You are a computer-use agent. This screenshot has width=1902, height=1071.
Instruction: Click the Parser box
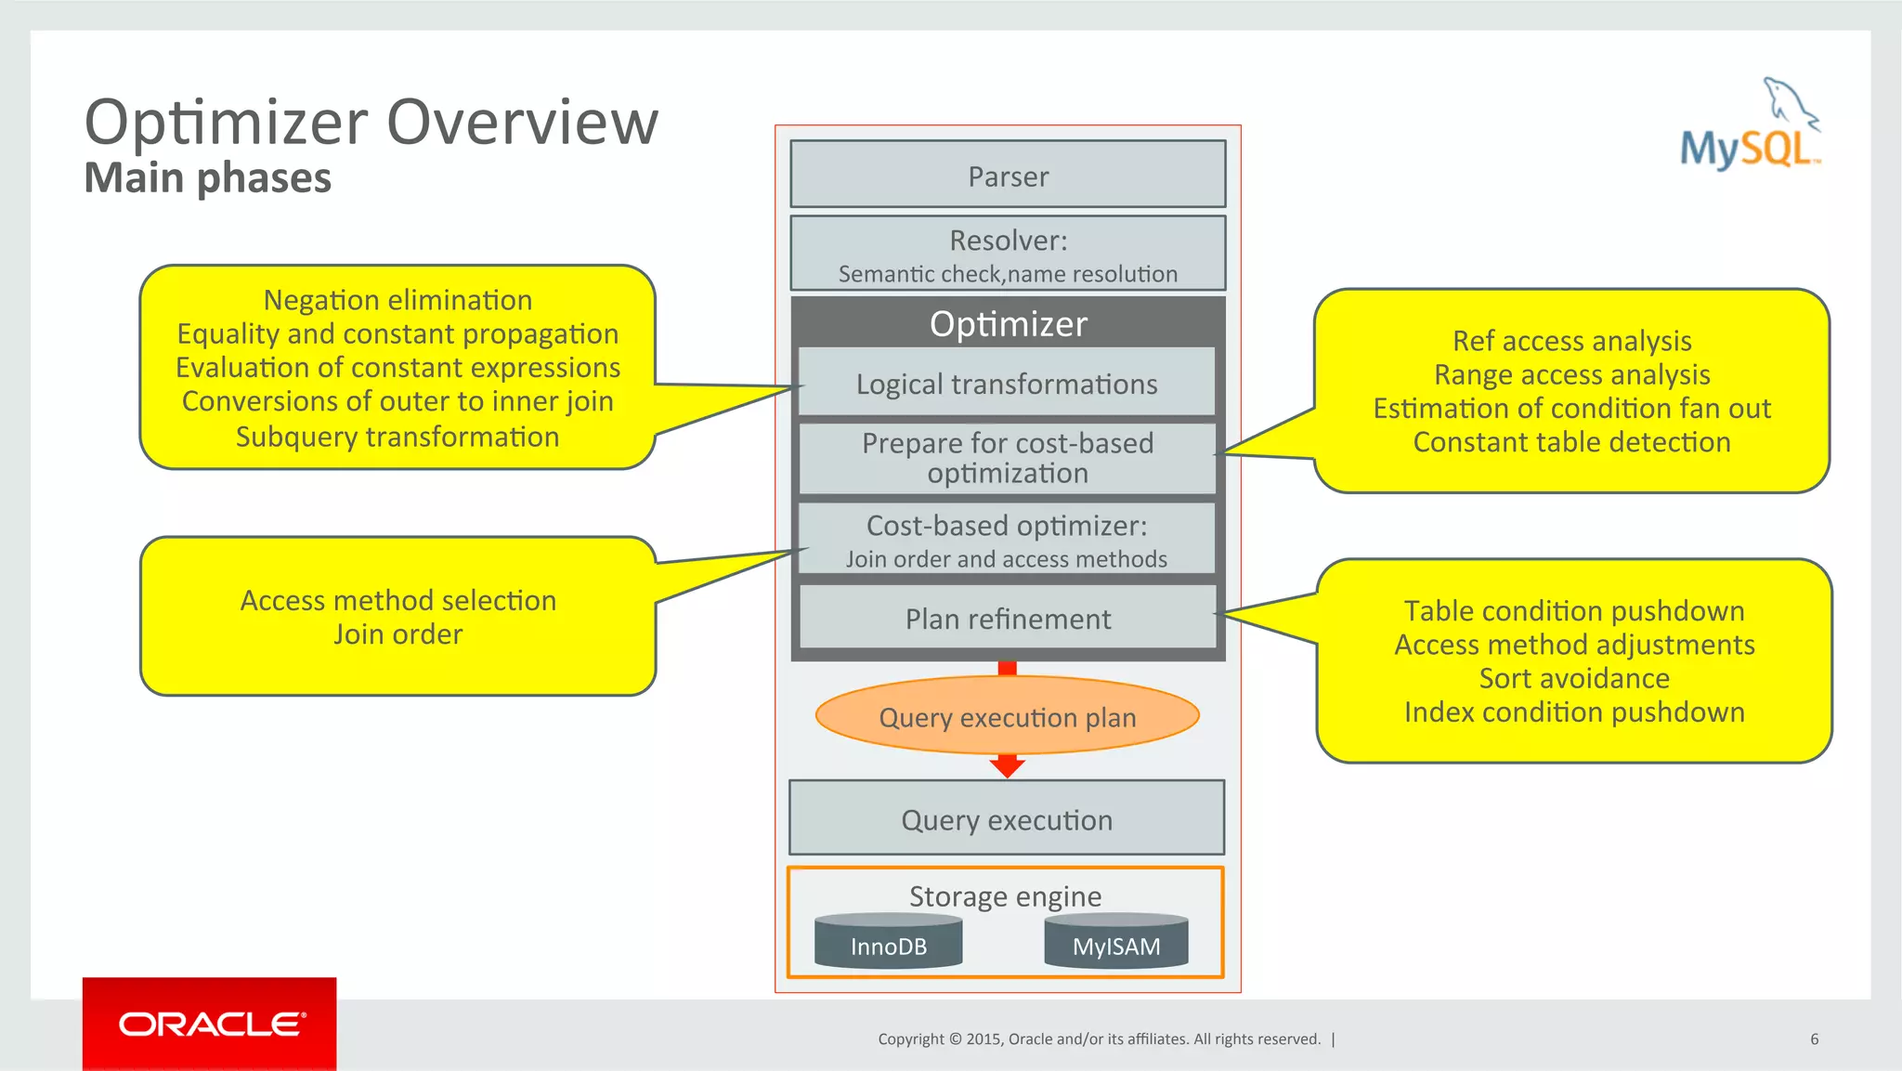pyautogui.click(x=1008, y=175)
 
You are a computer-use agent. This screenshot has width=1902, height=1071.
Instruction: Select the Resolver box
pyautogui.click(x=1008, y=254)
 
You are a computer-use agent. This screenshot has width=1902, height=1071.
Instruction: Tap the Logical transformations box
pyautogui.click(x=1008, y=383)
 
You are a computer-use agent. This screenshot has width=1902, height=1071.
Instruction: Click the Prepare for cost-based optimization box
pyautogui.click(x=1008, y=459)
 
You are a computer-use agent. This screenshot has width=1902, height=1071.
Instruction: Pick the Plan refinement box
pyautogui.click(x=1008, y=618)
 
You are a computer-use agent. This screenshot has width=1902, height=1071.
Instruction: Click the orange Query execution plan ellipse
pyautogui.click(x=1008, y=716)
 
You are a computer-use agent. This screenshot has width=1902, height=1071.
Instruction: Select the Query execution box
pyautogui.click(x=1007, y=818)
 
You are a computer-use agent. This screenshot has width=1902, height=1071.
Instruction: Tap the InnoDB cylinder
pyautogui.click(x=889, y=943)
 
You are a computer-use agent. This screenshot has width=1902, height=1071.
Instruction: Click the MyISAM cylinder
pyautogui.click(x=1116, y=943)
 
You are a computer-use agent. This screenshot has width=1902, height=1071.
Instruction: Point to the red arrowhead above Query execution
pyautogui.click(x=1008, y=766)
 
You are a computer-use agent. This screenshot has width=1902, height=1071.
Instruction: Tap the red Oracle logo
pyautogui.click(x=210, y=1024)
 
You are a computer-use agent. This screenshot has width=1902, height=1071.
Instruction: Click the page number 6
pyautogui.click(x=1814, y=1038)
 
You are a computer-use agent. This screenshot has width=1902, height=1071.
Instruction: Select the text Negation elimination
pyautogui.click(x=397, y=300)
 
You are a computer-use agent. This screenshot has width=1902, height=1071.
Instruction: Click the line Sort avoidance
pyautogui.click(x=1574, y=678)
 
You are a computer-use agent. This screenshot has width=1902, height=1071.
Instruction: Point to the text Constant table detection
pyautogui.click(x=1571, y=442)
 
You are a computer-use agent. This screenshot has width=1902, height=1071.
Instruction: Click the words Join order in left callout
pyautogui.click(x=397, y=634)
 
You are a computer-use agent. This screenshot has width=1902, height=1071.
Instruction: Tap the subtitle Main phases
pyautogui.click(x=207, y=177)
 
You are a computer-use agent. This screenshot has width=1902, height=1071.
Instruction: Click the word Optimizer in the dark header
pyautogui.click(x=1008, y=323)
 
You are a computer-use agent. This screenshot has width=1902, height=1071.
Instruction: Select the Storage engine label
pyautogui.click(x=1005, y=895)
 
